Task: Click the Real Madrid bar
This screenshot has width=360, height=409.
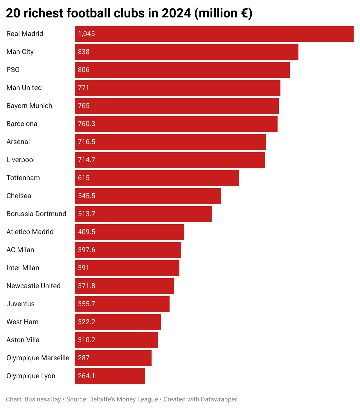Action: (214, 34)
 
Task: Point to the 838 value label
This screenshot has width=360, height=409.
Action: (84, 52)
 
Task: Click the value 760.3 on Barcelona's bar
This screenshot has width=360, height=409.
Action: (87, 124)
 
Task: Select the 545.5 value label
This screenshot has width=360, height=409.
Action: (87, 196)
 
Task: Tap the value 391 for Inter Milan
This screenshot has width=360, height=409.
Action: (84, 268)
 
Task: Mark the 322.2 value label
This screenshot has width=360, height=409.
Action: (87, 322)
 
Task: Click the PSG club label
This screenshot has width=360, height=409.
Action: (13, 70)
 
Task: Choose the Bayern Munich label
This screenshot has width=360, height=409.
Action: (29, 106)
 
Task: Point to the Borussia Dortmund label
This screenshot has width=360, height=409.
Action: (36, 214)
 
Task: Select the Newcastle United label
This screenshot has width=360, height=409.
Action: (33, 286)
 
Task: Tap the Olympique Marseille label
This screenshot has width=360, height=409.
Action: (38, 358)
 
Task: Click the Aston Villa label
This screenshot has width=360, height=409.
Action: (23, 340)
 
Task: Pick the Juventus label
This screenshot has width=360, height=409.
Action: (20, 304)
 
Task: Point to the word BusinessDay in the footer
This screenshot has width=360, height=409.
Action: (43, 399)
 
